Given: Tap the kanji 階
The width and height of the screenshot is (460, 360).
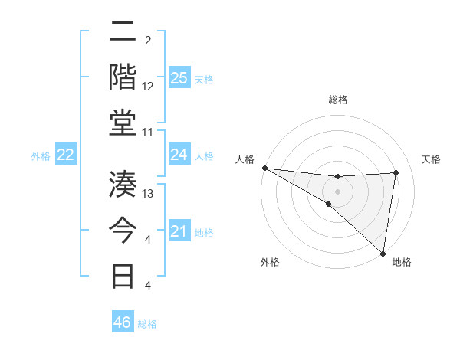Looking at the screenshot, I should [124, 77].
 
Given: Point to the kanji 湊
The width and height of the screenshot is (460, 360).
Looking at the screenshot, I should [124, 185].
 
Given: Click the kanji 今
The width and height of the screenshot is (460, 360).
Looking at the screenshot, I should [124, 230].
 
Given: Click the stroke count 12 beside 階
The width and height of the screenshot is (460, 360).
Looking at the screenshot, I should [148, 87].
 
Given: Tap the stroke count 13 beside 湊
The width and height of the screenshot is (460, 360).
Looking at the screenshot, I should [148, 194].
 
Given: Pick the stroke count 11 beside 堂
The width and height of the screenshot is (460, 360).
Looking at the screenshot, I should [148, 132].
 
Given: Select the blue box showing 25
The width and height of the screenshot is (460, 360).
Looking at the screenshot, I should [179, 78].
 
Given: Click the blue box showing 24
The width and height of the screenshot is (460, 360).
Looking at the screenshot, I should [179, 155].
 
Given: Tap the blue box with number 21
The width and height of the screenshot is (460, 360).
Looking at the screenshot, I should [179, 231].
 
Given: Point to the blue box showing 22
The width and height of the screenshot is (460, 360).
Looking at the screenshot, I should [66, 155].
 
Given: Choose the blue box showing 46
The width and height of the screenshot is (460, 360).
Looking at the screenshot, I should [123, 322].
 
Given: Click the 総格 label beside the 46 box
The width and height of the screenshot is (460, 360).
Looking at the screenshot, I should [147, 324].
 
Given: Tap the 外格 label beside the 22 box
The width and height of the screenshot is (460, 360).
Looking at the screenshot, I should [41, 156].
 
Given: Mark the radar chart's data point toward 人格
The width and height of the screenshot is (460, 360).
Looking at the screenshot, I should [264, 168].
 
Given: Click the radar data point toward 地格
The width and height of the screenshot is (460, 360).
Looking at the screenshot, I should [383, 254].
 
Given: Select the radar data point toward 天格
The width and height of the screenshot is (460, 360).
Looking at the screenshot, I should [396, 172].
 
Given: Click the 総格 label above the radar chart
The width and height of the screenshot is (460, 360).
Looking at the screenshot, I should [337, 100].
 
